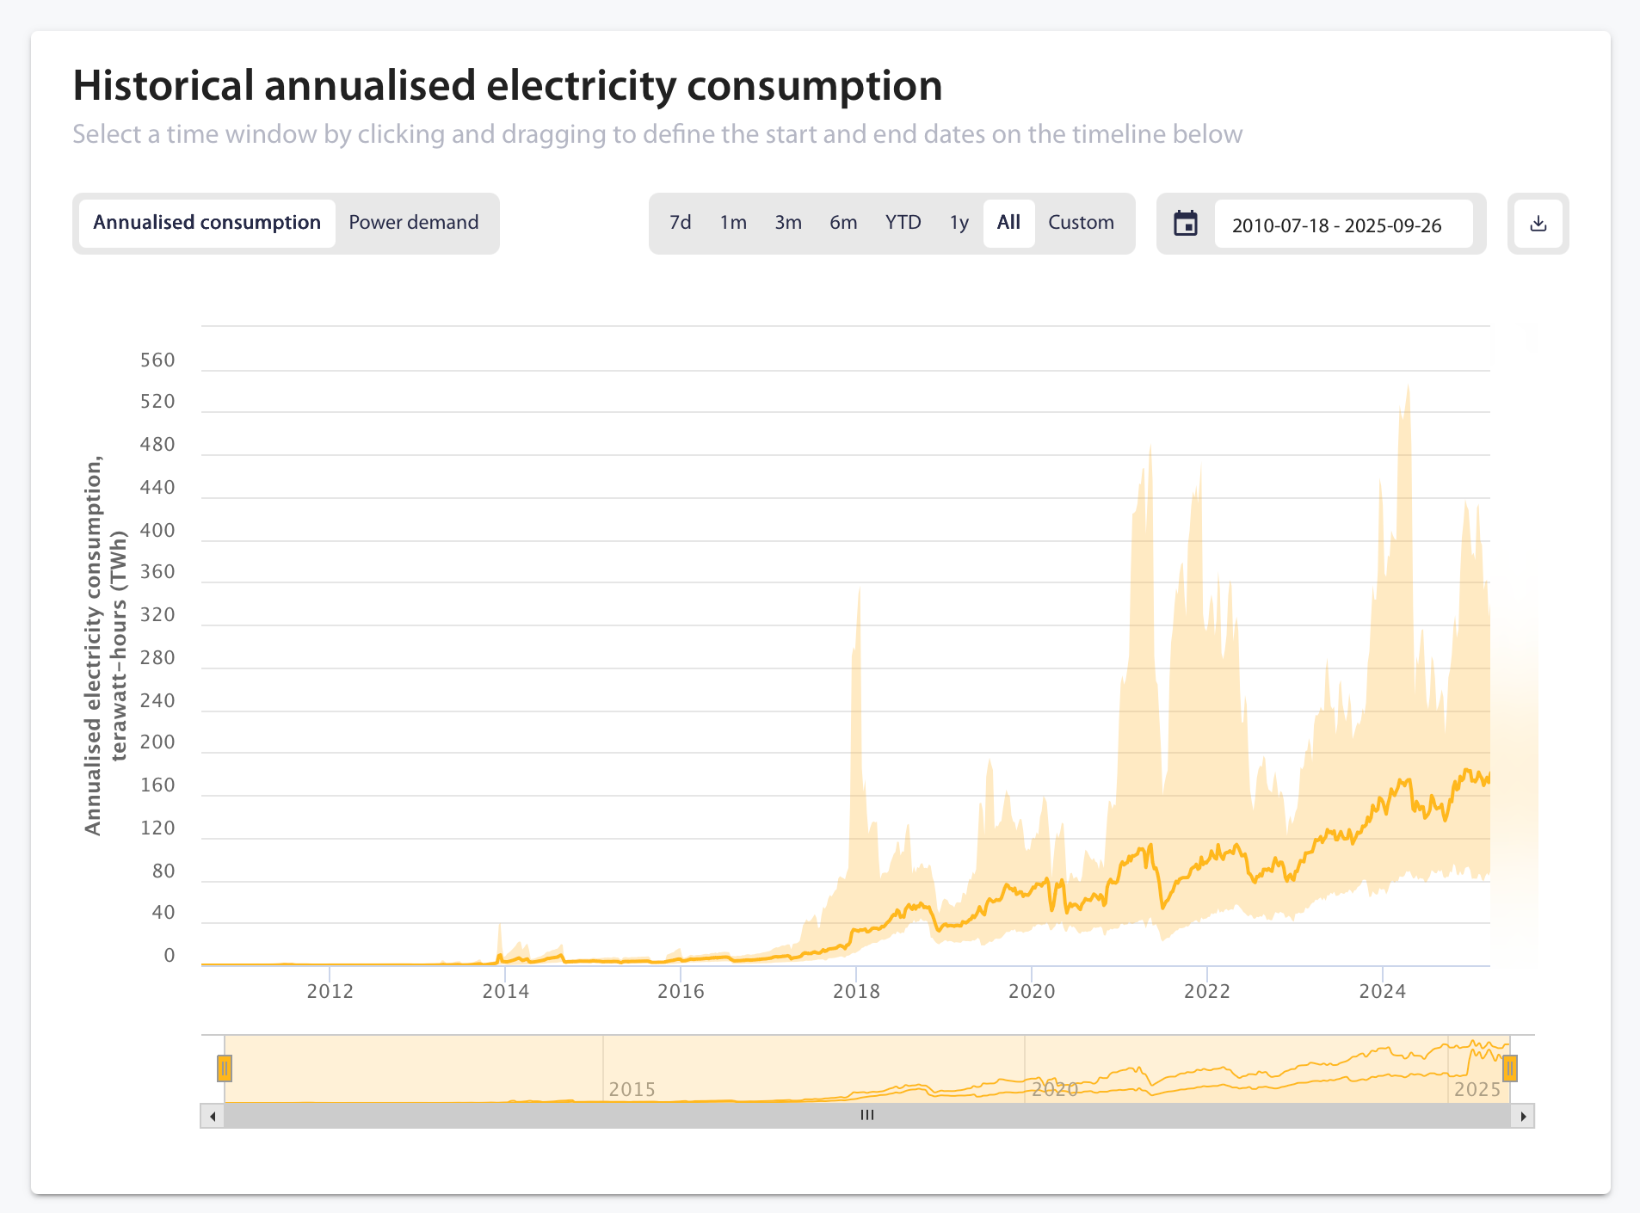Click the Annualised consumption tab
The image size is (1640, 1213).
pos(207,223)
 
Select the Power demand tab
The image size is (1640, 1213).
pos(414,223)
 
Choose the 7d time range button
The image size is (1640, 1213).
pos(680,223)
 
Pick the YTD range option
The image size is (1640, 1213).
pos(903,223)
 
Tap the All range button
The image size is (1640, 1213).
pos(1008,223)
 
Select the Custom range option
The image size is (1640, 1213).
pos(1081,223)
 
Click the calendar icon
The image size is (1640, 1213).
pos(1186,224)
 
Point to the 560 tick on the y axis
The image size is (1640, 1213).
pos(157,360)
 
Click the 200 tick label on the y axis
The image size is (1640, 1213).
pos(157,742)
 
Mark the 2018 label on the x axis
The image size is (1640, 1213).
pos(856,992)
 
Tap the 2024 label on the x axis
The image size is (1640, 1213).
pos(1382,992)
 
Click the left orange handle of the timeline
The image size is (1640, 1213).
pos(225,1068)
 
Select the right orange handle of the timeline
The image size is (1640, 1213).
pos(1509,1068)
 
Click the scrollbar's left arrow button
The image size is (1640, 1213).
pos(213,1117)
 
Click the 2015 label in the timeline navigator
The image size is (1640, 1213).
pos(632,1090)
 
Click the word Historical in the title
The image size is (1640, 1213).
pos(163,86)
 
